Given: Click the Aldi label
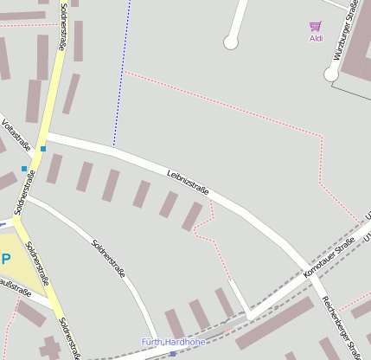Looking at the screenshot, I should [317, 38].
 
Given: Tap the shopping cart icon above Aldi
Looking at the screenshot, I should [316, 27].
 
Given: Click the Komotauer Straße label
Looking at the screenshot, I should [329, 259].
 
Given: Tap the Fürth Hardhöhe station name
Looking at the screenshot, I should [173, 343].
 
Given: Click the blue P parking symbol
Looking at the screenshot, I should [6, 259].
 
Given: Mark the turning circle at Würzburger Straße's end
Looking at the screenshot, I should [331, 74].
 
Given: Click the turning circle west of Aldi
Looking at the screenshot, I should [231, 42].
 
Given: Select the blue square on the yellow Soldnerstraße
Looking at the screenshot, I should [42, 149].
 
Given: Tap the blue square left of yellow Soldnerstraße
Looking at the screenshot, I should [24, 168].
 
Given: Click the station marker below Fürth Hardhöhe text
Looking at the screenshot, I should [173, 353].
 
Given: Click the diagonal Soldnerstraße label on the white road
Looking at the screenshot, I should [109, 256].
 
